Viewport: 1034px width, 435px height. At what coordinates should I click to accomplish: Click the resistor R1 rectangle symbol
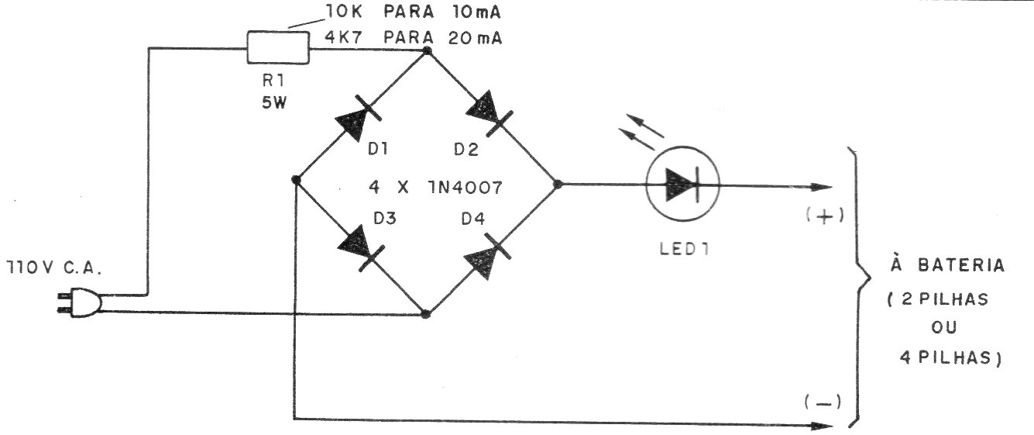click(278, 47)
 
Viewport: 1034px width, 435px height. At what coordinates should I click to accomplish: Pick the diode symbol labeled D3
click(361, 248)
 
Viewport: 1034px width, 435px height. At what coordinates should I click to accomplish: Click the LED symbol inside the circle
click(682, 184)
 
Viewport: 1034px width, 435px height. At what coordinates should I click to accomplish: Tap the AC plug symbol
click(80, 302)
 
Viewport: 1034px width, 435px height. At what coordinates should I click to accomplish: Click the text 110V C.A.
click(53, 268)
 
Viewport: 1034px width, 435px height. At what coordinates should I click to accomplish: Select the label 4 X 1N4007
click(435, 187)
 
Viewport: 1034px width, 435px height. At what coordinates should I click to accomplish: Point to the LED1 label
click(684, 249)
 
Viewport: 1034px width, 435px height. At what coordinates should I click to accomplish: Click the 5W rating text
click(274, 102)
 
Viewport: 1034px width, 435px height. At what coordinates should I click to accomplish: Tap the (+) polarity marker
click(825, 216)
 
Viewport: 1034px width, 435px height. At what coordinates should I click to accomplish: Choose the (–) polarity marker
click(823, 402)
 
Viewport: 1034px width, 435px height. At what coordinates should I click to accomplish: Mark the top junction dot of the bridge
click(427, 50)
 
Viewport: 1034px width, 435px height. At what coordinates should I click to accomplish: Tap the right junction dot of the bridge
click(558, 185)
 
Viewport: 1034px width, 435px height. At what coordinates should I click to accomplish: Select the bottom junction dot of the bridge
click(426, 314)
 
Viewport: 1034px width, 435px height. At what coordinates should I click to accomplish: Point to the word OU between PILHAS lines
click(944, 327)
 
